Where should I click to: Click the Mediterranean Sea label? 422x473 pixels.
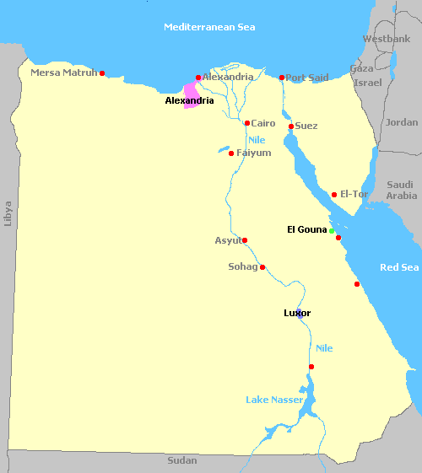[x=208, y=27]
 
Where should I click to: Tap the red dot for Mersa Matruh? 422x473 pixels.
[x=102, y=73]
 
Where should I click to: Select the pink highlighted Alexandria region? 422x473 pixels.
[x=192, y=94]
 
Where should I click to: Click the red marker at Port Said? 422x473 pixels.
[x=282, y=78]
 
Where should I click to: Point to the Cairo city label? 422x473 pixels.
[x=263, y=123]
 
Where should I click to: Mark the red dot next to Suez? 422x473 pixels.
[x=291, y=126]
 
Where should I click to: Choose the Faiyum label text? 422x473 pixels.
[x=254, y=153]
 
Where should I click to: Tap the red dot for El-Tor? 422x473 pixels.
[x=334, y=195]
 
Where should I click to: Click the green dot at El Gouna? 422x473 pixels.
[x=332, y=230]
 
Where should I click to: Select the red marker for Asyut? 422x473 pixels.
[x=245, y=240]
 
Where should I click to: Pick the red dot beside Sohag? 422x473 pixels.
[x=262, y=267]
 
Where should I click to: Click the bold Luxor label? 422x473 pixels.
[x=297, y=313]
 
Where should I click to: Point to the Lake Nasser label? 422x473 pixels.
[x=274, y=399]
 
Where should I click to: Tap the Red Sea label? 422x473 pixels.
[x=399, y=267]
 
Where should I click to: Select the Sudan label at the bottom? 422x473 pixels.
[x=181, y=460]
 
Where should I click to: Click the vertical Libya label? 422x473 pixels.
[x=8, y=212]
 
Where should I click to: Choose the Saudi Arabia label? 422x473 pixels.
[x=401, y=190]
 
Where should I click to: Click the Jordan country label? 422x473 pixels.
[x=401, y=122]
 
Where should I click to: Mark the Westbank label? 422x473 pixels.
[x=387, y=39]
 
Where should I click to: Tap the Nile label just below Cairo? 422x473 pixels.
[x=257, y=139]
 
